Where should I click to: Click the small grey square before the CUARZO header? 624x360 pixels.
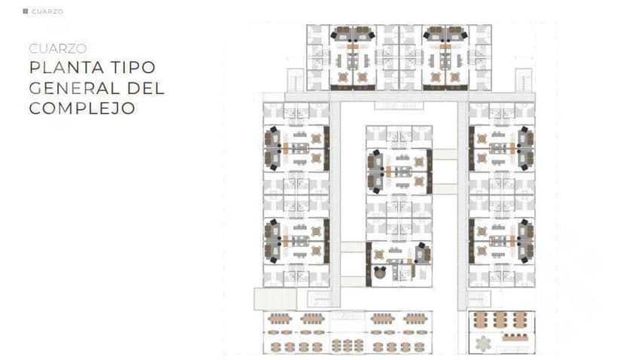(26, 11)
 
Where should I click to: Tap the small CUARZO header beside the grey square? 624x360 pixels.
(47, 11)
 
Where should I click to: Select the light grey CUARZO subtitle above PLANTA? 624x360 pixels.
(58, 48)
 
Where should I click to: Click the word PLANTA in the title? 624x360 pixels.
(66, 68)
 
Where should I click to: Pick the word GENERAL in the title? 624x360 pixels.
(75, 88)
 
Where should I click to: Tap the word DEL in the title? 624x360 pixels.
(145, 88)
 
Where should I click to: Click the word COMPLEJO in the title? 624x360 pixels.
(82, 108)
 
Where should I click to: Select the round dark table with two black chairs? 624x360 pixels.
(380, 273)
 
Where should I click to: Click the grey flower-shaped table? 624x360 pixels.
(483, 343)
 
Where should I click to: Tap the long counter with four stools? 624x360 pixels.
(515, 337)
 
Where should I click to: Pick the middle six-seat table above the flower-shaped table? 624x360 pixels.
(500, 320)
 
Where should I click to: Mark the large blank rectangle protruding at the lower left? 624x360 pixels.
(275, 299)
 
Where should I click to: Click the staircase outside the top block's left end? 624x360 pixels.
(295, 81)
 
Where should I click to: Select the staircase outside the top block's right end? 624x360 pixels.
(523, 81)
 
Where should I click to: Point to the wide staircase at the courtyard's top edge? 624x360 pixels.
(399, 105)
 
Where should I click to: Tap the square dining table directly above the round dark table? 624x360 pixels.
(379, 255)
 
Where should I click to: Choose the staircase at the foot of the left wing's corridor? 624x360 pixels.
(320, 299)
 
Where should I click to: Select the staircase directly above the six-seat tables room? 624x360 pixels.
(479, 299)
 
